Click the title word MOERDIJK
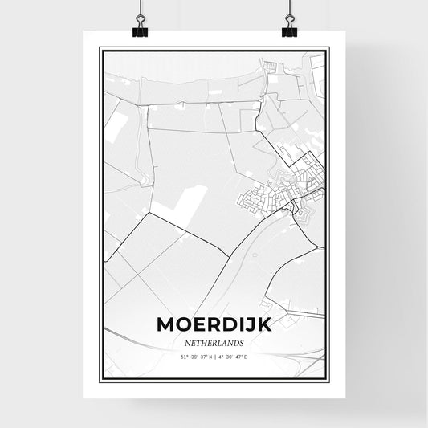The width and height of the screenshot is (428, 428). point(213,325)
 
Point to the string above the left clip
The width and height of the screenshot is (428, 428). point(140,8)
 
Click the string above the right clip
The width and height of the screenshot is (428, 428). point(289,8)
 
